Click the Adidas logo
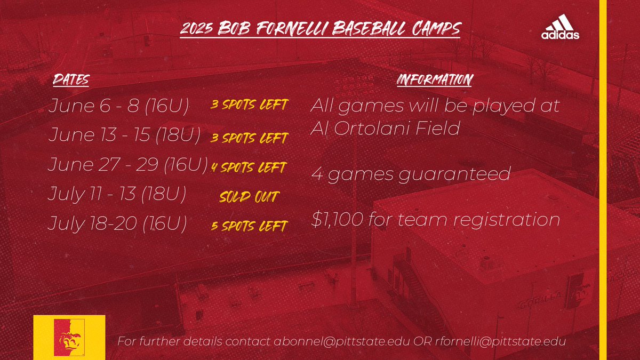click(560, 28)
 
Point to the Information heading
click(434, 80)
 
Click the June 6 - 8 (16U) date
click(118, 106)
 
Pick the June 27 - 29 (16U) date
click(127, 165)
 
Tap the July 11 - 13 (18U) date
click(117, 194)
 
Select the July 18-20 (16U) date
click(117, 224)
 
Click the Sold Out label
click(249, 197)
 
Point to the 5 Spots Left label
click(249, 226)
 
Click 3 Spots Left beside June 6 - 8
click(249, 105)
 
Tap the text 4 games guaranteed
click(411, 174)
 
